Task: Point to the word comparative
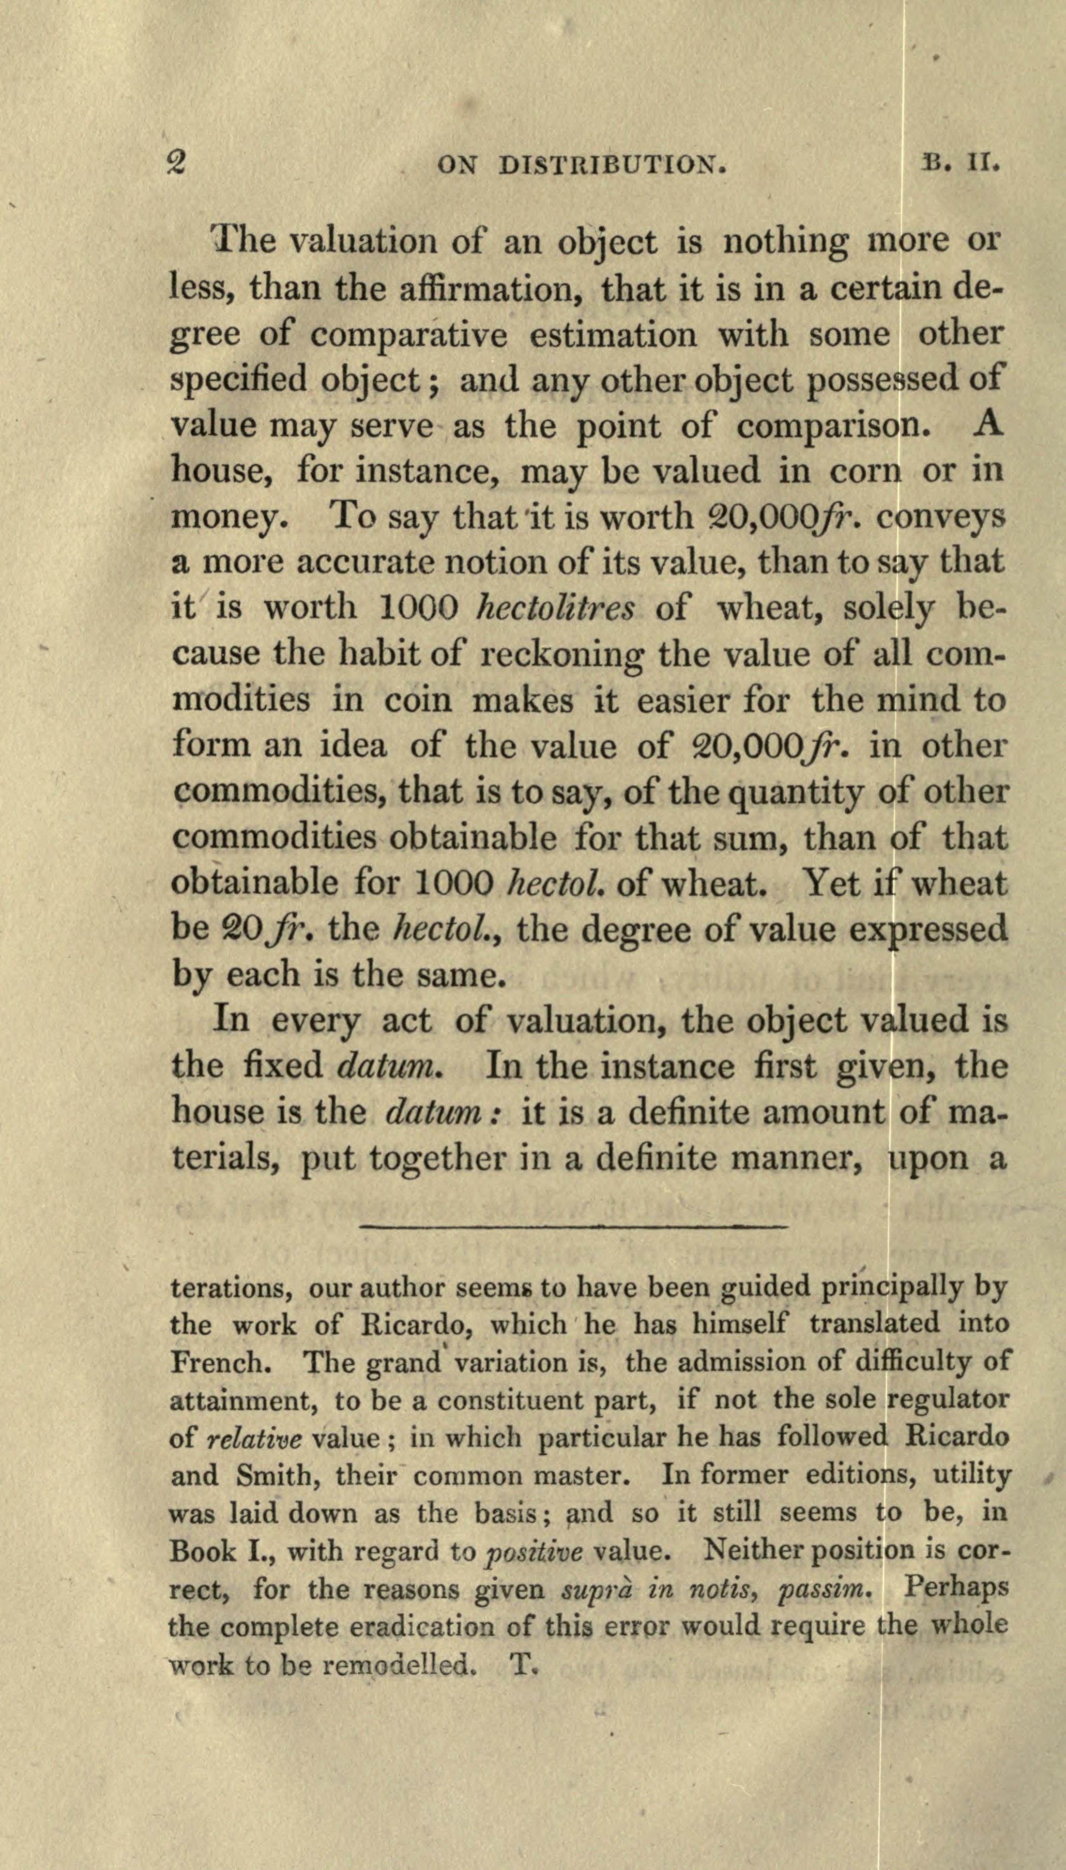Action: tap(409, 335)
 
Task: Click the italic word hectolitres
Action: tap(555, 608)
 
